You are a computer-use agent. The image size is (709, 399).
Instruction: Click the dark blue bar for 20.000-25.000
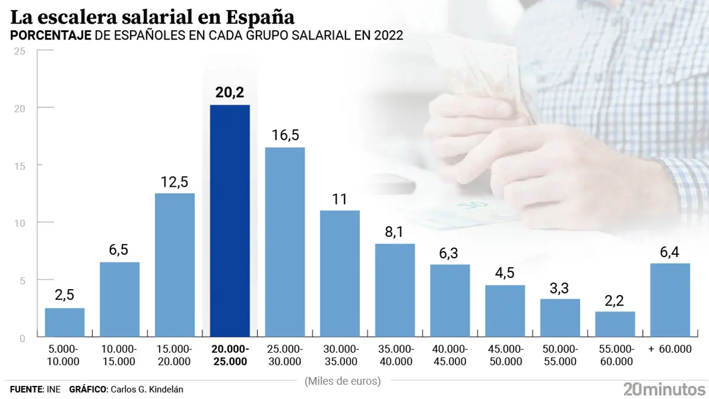pos(230,221)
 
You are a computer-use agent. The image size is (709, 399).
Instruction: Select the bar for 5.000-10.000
pos(64,323)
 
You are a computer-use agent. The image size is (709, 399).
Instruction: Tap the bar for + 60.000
pos(670,300)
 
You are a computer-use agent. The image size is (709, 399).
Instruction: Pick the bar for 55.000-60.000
pos(615,325)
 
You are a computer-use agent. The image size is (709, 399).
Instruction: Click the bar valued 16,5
pos(285,242)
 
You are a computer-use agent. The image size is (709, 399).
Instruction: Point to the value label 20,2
pos(230,93)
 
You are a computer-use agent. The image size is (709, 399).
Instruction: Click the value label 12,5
pos(174,182)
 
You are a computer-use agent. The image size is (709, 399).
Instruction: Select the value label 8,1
pos(395,232)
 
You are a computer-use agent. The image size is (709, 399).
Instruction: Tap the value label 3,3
pos(560,288)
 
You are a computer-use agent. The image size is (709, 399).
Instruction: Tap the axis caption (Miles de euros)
pos(343,381)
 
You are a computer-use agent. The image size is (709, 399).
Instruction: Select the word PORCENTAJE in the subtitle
pos(51,35)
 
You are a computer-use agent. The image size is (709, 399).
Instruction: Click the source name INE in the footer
pos(54,389)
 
